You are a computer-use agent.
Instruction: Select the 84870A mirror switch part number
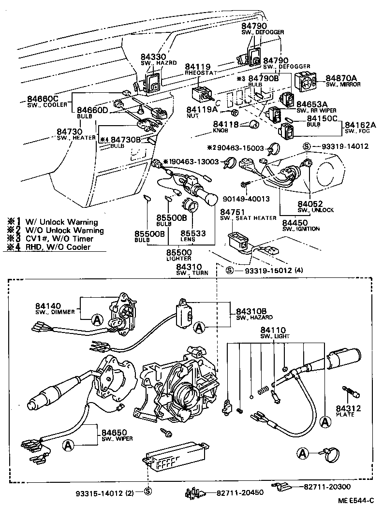tap(341, 78)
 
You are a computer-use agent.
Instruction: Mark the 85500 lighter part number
tap(179, 252)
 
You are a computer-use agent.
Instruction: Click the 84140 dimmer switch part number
tap(48, 306)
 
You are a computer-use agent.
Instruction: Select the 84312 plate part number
tap(348, 408)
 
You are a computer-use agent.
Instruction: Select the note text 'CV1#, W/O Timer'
tap(62, 239)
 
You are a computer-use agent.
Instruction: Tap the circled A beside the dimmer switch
tap(97, 319)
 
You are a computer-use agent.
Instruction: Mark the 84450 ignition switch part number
tap(295, 221)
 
